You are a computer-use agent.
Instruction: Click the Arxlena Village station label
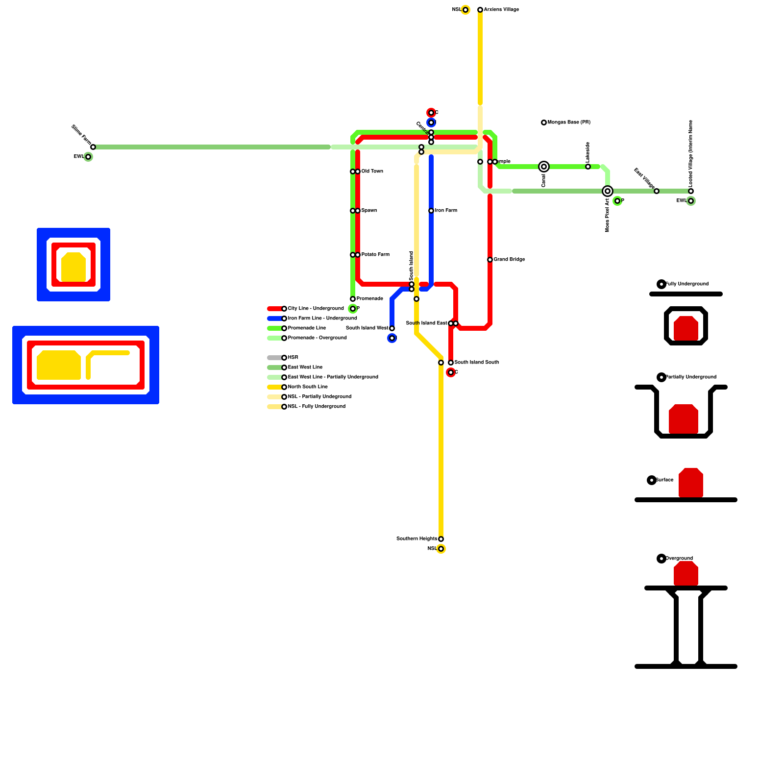501,10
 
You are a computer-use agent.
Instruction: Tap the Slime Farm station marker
93,147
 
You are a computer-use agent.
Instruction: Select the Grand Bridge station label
509,260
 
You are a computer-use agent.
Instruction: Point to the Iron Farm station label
446,211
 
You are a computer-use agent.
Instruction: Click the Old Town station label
372,171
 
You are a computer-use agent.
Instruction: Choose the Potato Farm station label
375,255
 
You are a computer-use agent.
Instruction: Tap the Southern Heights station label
416,539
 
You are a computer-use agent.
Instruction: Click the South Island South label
476,363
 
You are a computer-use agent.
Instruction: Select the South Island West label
367,328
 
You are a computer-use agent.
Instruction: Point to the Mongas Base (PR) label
569,122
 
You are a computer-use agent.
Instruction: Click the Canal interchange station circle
544,167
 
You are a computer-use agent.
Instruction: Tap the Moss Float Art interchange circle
608,191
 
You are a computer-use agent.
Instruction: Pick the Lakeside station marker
588,167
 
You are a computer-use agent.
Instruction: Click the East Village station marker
657,191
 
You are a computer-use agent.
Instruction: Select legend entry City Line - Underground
316,309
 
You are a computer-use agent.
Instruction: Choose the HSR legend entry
293,358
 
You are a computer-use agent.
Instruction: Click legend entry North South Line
308,387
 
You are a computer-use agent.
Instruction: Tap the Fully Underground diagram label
687,284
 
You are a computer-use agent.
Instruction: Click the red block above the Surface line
691,483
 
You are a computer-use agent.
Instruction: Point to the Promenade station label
369,299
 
